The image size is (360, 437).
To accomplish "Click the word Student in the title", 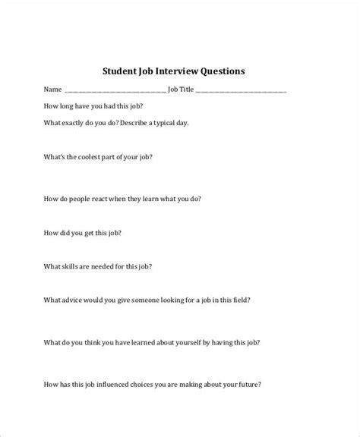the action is point(122,71).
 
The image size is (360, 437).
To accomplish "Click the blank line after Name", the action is point(115,90).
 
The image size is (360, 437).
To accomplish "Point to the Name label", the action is point(52,89).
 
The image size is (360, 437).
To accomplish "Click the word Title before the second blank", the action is point(186,89).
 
